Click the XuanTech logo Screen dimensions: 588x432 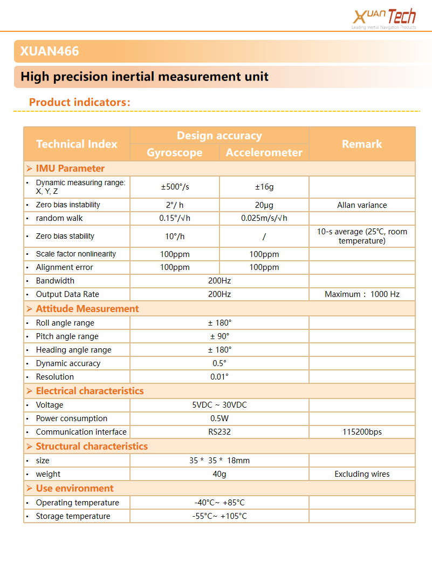click(x=384, y=17)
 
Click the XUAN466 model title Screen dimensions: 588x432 click(x=50, y=51)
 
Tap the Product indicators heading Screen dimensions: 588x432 click(x=80, y=102)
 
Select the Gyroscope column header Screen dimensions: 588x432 click(x=175, y=152)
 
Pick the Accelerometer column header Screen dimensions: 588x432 click(x=264, y=152)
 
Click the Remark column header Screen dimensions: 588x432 click(x=362, y=144)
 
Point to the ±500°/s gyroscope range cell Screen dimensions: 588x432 click(x=175, y=187)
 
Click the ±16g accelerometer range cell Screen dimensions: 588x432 click(x=264, y=187)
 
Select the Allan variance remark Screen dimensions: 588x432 click(x=362, y=205)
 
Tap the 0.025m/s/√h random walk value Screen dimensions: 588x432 click(x=264, y=218)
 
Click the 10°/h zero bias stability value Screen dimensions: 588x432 click(x=175, y=236)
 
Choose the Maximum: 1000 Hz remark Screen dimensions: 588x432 click(x=362, y=294)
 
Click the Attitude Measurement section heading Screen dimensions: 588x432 click(x=87, y=309)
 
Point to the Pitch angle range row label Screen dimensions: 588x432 click(x=67, y=336)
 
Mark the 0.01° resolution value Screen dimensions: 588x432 click(x=220, y=377)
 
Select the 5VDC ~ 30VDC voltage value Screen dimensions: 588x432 click(x=220, y=405)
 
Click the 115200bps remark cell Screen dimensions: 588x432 click(x=362, y=432)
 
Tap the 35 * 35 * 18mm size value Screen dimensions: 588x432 click(x=220, y=461)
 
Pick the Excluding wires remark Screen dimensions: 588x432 click(x=362, y=474)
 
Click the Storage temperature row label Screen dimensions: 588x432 click(x=73, y=516)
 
